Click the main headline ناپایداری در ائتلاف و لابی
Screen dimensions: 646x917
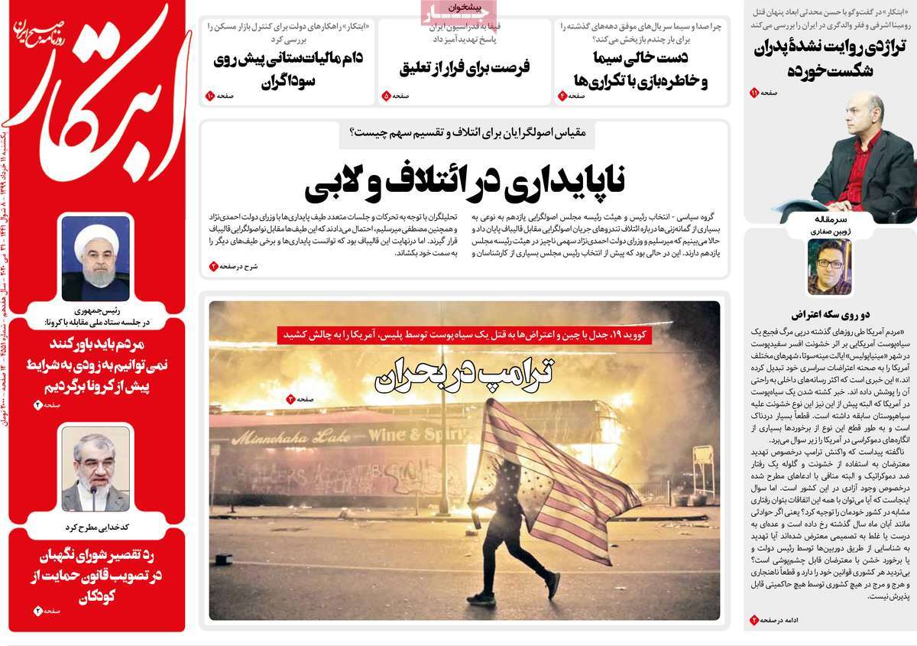coord(465,180)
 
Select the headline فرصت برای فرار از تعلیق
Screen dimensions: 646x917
coord(465,67)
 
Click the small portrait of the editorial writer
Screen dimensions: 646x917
coord(829,266)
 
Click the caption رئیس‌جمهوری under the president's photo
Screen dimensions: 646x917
coord(96,311)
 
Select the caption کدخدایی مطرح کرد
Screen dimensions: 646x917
coord(96,527)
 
